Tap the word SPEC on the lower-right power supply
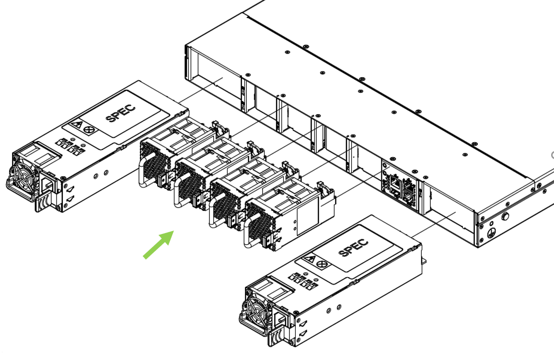coord(354,247)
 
